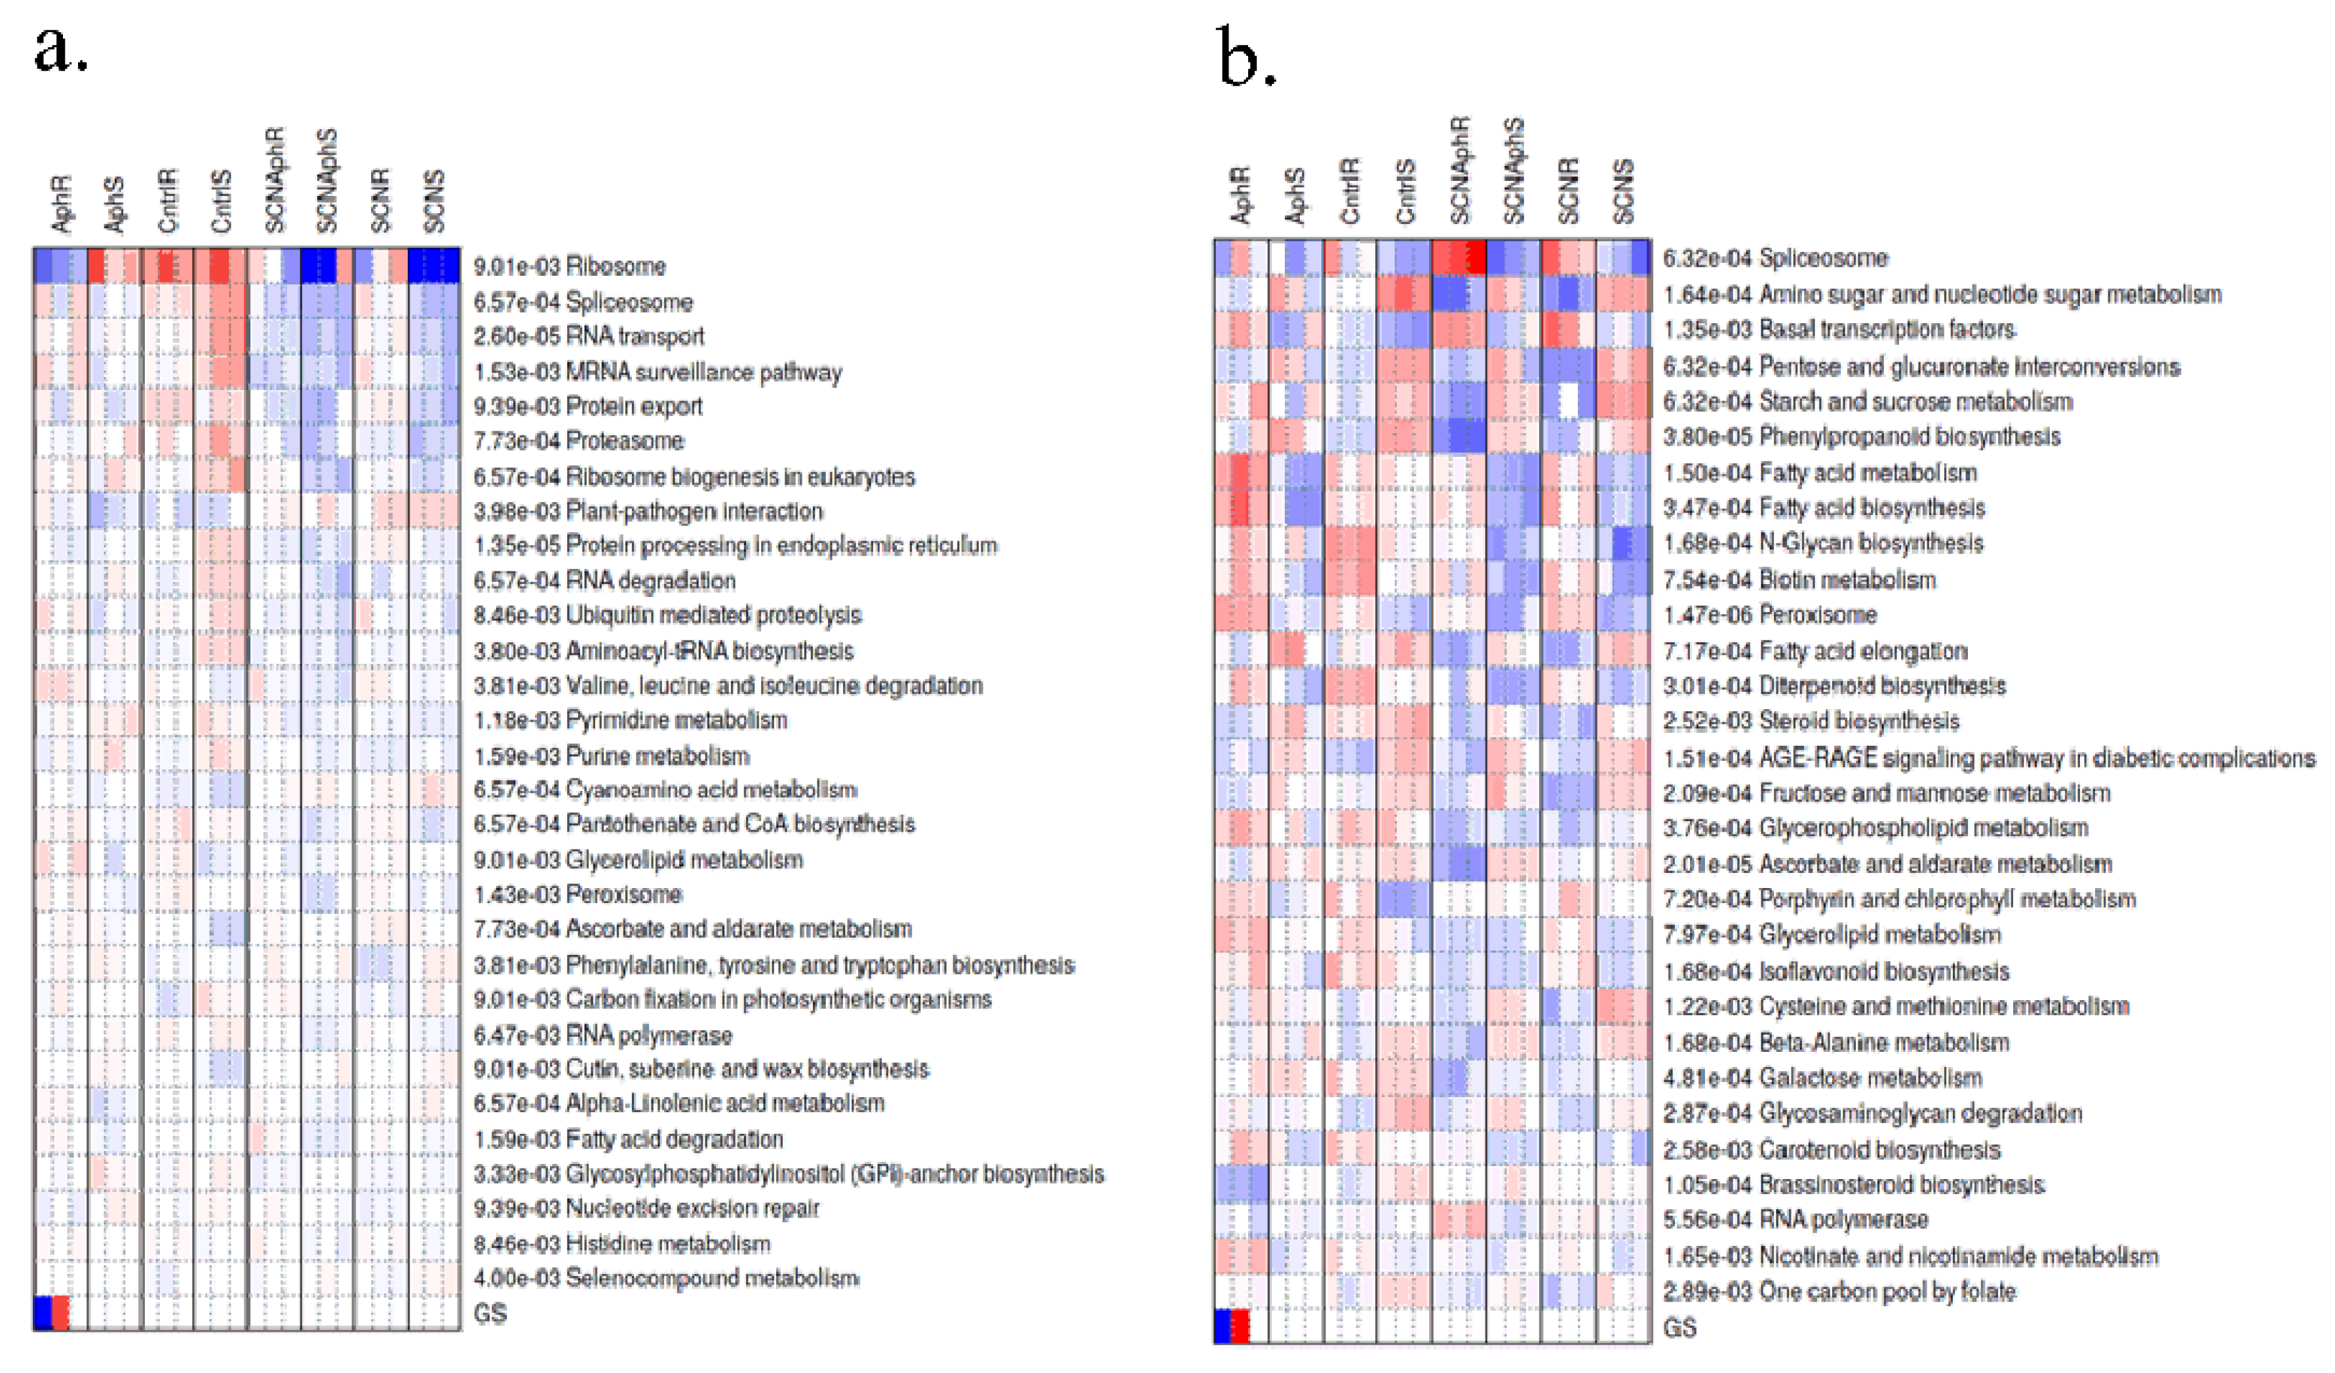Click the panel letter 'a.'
pyautogui.click(x=60, y=51)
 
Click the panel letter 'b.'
pyautogui.click(x=1246, y=58)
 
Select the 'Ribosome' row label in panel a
pyautogui.click(x=616, y=267)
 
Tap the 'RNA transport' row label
pyautogui.click(x=635, y=336)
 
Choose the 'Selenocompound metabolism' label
pyautogui.click(x=712, y=1279)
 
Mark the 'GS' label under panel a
pyautogui.click(x=490, y=1314)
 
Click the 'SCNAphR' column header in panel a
pyautogui.click(x=275, y=181)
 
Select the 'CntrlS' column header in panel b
pyautogui.click(x=1405, y=192)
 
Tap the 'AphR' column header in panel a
pyautogui.click(x=61, y=204)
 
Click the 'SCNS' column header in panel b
pyautogui.click(x=1623, y=192)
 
